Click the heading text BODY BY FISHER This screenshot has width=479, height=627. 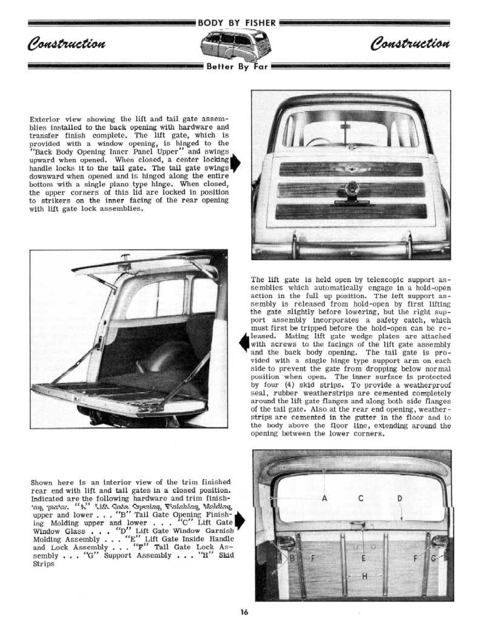point(238,24)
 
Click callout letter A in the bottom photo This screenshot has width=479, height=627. point(324,499)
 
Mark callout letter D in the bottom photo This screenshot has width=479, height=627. point(400,499)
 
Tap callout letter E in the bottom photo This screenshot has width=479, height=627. point(363,558)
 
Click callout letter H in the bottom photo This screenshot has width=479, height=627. point(364,577)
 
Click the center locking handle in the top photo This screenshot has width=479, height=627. point(350,189)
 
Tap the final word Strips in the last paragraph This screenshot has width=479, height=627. point(42,563)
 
